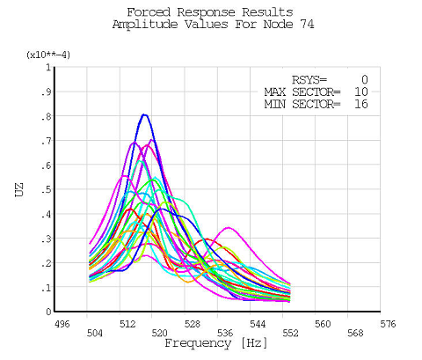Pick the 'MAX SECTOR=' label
click(302, 92)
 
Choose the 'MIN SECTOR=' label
click(302, 105)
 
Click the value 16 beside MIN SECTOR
click(360, 105)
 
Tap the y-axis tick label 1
click(47, 67)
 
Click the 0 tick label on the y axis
click(47, 312)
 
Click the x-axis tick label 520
click(160, 334)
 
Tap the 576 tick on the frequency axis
click(388, 324)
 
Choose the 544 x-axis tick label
click(258, 324)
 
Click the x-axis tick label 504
click(95, 334)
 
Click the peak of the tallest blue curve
click(144, 114)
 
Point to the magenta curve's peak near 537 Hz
click(229, 228)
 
